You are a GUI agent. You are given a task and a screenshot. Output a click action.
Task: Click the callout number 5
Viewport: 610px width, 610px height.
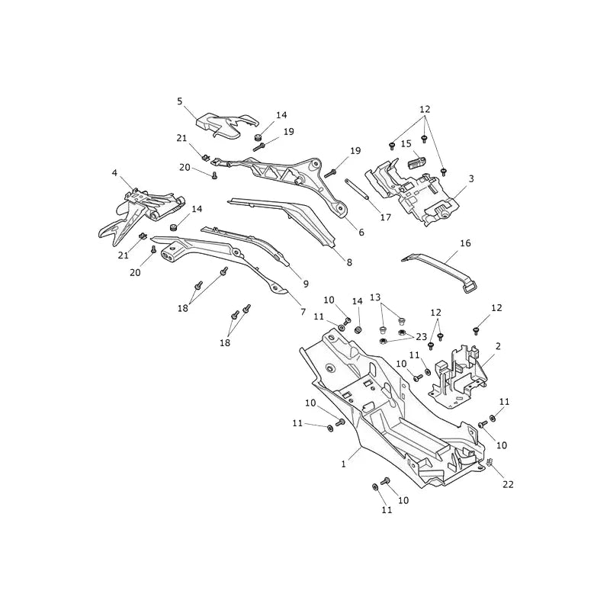coord(179,101)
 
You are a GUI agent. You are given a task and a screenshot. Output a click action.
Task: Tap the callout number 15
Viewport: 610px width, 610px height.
coord(406,144)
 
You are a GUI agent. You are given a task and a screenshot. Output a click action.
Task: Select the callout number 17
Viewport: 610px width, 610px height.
coord(386,217)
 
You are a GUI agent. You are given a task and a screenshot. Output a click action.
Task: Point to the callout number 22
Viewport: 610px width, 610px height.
coord(508,484)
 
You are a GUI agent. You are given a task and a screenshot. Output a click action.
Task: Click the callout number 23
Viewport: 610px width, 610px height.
coord(422,336)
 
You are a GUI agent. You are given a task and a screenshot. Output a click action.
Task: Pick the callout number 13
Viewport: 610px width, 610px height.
coord(375,297)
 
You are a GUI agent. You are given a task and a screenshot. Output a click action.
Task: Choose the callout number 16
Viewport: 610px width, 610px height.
coord(465,243)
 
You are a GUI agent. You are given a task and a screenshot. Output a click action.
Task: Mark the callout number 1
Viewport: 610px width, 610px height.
coord(344,464)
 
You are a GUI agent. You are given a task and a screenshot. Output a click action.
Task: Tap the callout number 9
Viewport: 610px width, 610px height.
coord(306,284)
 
